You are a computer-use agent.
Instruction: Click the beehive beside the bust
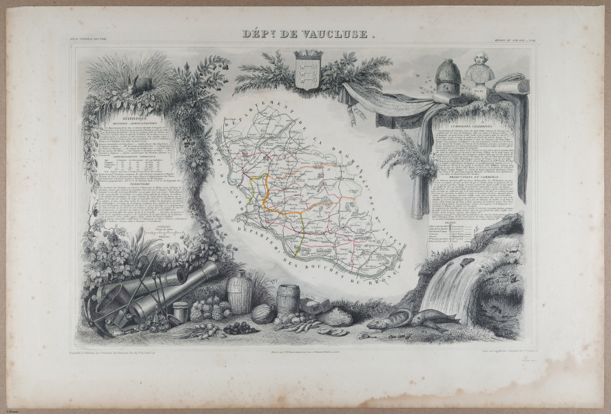pyautogui.click(x=448, y=79)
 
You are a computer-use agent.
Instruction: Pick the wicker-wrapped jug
pyautogui.click(x=239, y=293)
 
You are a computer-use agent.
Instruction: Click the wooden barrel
pyautogui.click(x=287, y=299)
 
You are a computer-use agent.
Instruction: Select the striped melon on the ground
pyautogui.click(x=262, y=315)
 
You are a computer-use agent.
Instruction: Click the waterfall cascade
pyautogui.click(x=451, y=283)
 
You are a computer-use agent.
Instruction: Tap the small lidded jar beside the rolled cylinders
pyautogui.click(x=180, y=312)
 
